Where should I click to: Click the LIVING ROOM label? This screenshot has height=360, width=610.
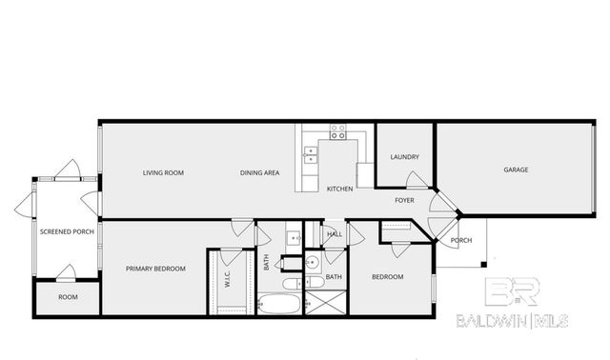(163, 172)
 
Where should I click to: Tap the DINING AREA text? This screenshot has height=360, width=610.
(259, 172)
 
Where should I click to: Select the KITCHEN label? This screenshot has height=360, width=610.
(340, 189)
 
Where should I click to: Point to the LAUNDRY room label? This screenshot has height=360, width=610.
(405, 157)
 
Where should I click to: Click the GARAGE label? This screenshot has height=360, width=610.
(516, 170)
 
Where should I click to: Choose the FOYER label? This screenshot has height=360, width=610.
(405, 200)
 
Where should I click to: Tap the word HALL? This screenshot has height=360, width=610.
(335, 233)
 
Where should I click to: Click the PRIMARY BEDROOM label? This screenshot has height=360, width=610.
(155, 269)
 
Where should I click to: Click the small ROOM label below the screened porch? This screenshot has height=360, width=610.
(68, 297)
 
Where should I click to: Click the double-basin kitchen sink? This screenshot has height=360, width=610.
(310, 155)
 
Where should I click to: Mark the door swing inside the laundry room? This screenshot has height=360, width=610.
(417, 179)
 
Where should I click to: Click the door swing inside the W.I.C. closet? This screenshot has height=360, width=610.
(231, 257)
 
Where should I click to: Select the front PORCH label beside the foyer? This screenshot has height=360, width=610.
(460, 240)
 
